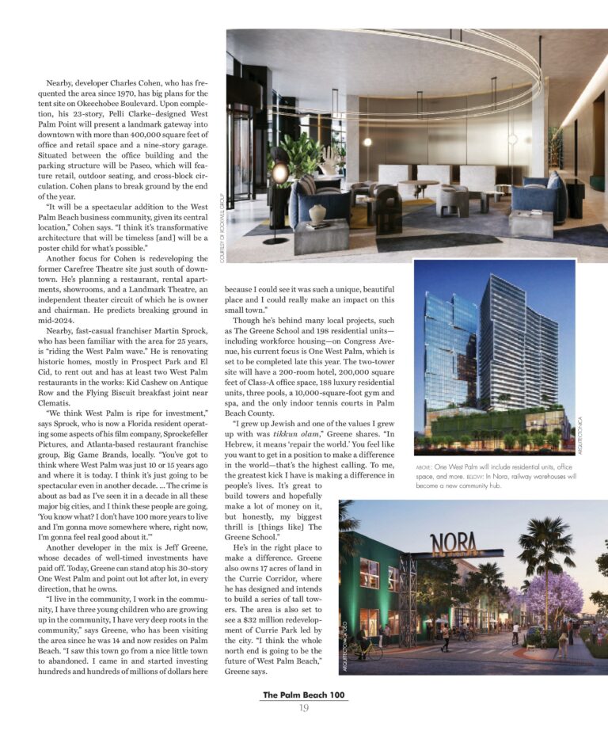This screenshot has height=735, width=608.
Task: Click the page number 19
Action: tap(304, 707)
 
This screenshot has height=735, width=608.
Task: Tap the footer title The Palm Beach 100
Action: tap(304, 695)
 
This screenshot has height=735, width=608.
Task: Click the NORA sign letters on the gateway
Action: tap(454, 544)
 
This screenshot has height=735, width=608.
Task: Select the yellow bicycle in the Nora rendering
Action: tap(369, 649)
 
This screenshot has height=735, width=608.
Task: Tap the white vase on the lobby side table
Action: tap(317, 213)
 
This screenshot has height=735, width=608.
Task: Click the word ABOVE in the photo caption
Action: tap(424, 468)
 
